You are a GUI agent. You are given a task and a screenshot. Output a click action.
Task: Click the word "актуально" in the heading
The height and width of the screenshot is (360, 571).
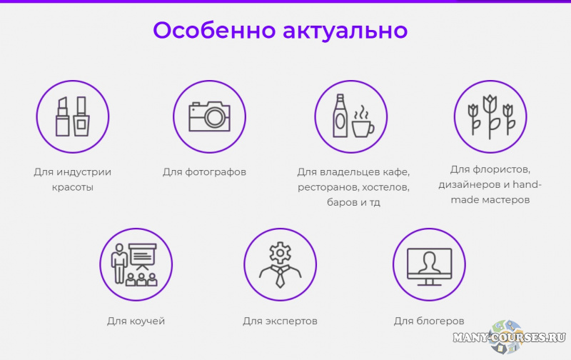(x=345, y=31)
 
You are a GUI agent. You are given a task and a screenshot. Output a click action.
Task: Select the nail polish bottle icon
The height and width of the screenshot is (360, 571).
(x=81, y=116)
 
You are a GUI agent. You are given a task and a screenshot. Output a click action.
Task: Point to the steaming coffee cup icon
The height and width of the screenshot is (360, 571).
(x=363, y=124)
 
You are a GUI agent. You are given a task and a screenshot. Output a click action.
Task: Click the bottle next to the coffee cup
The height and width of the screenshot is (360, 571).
(x=340, y=115)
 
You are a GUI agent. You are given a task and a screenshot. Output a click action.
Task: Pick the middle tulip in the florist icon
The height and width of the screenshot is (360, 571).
(x=490, y=114)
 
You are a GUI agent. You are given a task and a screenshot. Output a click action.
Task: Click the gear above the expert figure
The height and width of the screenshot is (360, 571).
(x=281, y=252)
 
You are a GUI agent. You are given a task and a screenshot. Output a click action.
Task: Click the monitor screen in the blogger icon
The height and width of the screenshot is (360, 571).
(x=428, y=262)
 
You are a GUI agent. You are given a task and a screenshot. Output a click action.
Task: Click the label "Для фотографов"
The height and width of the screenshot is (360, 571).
(x=204, y=172)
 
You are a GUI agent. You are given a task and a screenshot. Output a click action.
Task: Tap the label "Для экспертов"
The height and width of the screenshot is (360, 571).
(x=280, y=321)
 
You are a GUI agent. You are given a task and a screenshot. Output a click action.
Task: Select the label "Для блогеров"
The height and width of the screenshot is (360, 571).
(x=429, y=321)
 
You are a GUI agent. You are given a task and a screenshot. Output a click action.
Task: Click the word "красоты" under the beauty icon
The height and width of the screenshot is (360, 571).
(x=73, y=187)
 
